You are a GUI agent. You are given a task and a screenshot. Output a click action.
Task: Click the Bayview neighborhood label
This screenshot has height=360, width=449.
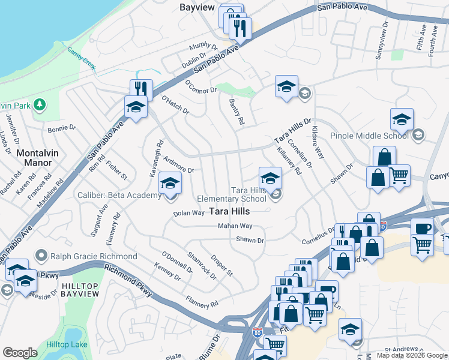[x=197, y=7]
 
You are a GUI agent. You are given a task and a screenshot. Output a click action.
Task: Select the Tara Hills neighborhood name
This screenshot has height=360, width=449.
[x=229, y=211]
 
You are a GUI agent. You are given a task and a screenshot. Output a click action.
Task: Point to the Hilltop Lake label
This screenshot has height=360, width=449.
[x=67, y=344]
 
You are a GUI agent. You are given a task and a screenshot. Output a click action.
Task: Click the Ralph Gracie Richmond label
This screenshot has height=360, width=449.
[x=94, y=256]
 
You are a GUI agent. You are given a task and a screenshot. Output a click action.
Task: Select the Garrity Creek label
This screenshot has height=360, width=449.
[x=82, y=59]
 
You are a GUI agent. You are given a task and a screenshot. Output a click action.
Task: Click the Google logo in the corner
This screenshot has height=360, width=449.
[x=19, y=353]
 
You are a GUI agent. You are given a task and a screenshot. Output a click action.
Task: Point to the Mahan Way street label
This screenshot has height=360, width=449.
[x=235, y=226]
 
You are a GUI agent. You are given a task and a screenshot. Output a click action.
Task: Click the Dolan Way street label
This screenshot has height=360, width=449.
[x=189, y=213]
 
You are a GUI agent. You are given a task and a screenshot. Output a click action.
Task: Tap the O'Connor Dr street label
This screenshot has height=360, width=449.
[x=200, y=87]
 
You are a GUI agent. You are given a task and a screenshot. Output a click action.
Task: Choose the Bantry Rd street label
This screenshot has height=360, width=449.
[x=237, y=112]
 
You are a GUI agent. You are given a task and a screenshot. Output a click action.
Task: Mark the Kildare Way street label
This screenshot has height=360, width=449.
[x=318, y=141]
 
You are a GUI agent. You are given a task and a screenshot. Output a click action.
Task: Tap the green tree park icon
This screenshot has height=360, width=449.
[x=40, y=105]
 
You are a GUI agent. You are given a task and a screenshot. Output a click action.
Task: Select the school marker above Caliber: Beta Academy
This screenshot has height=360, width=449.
[x=170, y=184]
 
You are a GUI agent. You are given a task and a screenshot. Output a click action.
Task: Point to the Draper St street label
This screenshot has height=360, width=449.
[x=221, y=265]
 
